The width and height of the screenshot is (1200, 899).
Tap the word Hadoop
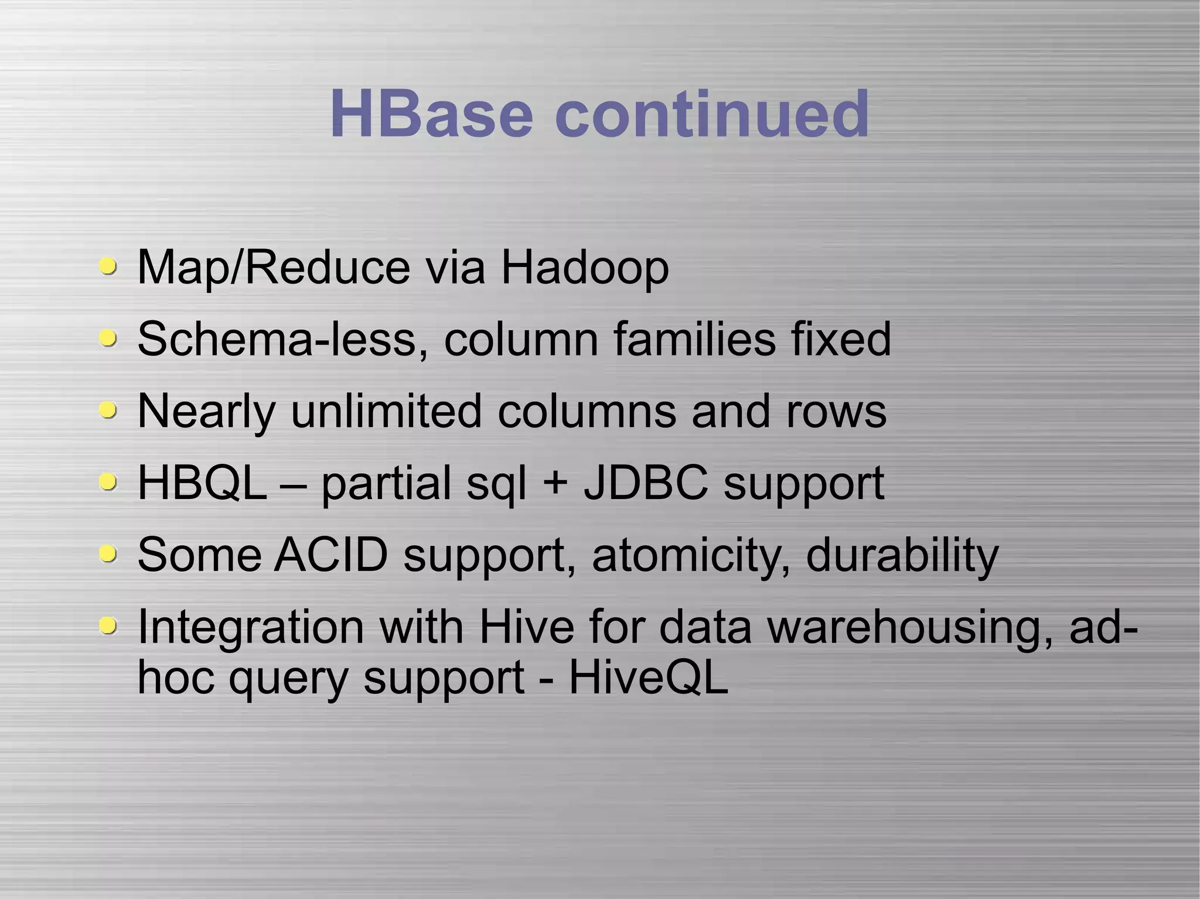(584, 268)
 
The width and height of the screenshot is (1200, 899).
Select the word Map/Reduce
(274, 268)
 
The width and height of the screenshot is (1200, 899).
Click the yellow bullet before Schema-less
(107, 338)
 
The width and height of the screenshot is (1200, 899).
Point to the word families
(694, 340)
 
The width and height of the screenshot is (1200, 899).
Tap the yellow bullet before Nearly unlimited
(107, 409)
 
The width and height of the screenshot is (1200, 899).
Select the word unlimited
(386, 411)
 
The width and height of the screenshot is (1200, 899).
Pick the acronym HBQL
(202, 483)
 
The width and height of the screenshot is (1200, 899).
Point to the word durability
(902, 555)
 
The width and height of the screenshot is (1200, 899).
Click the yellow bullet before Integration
(107, 625)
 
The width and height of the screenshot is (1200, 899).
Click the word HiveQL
(649, 678)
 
